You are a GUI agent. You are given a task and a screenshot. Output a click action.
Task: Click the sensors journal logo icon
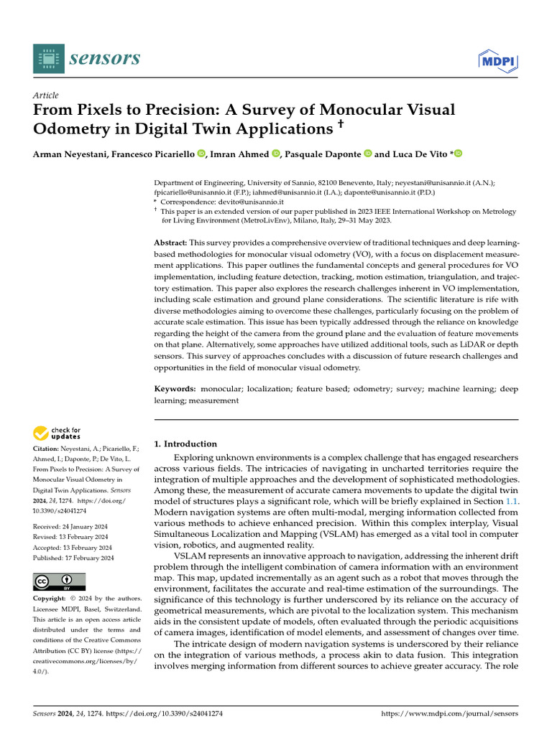tap(48, 58)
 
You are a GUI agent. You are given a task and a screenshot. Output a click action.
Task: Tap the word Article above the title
tap(46, 95)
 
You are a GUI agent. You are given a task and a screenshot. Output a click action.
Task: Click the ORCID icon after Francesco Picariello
tap(201, 154)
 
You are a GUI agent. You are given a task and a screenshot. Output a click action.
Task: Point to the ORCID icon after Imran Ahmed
tap(275, 154)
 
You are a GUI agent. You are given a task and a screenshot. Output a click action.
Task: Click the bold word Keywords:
tap(176, 388)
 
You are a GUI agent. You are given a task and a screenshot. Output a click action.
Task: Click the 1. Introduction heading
tap(185, 444)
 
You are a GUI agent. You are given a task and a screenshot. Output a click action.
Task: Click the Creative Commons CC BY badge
tap(59, 582)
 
